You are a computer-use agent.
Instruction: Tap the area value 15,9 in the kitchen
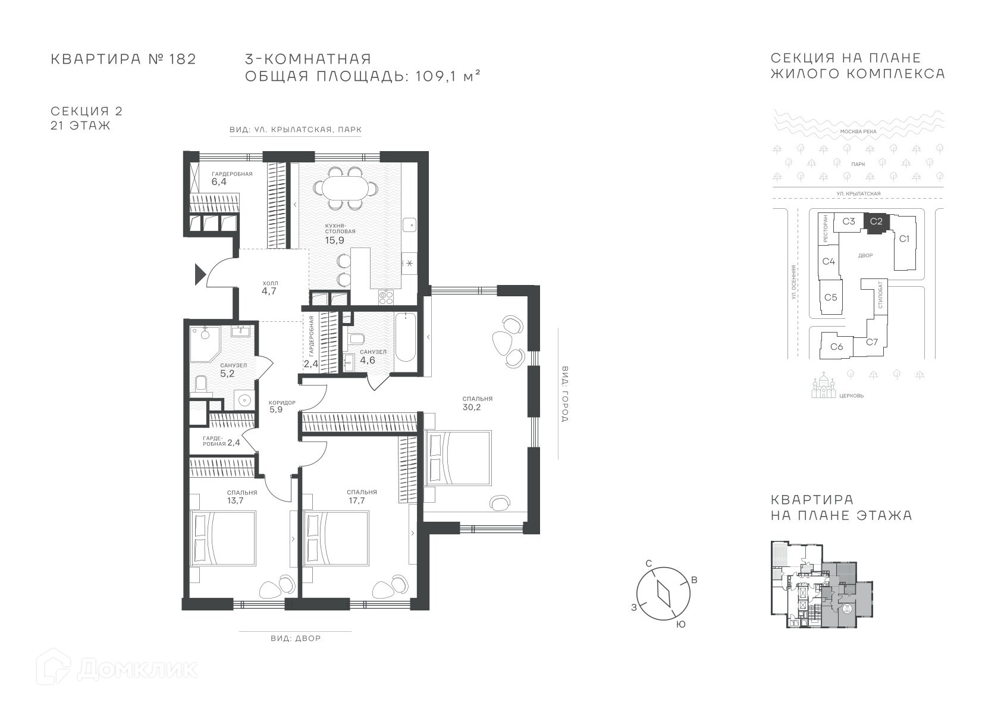(334, 240)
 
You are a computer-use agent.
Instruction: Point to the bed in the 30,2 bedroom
(459, 458)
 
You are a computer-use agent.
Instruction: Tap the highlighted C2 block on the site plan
(876, 223)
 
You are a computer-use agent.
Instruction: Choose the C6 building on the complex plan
(837, 346)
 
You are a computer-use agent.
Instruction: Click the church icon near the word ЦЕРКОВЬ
(824, 385)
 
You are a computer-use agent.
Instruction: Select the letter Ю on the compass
(680, 625)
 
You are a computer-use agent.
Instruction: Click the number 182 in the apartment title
(183, 59)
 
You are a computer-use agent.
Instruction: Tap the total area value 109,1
(435, 76)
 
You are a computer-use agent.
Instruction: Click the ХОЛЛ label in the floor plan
(271, 283)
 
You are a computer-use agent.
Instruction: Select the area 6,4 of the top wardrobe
(219, 181)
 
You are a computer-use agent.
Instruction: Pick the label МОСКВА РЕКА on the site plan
(858, 131)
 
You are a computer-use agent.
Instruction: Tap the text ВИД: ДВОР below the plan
(296, 638)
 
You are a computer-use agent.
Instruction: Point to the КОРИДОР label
(282, 402)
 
